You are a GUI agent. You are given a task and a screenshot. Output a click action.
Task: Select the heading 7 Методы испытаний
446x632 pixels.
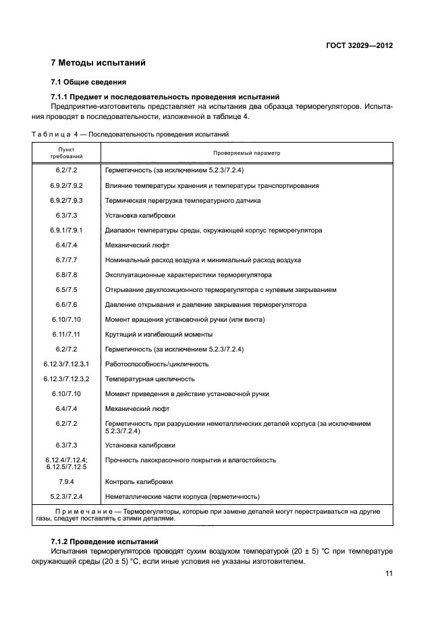click(x=99, y=64)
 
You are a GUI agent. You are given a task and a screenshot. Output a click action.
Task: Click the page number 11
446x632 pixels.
click(x=389, y=573)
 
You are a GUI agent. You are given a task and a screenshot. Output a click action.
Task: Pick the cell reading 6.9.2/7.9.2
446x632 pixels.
click(x=67, y=185)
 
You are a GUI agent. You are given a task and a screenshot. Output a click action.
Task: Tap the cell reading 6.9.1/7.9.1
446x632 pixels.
click(x=67, y=230)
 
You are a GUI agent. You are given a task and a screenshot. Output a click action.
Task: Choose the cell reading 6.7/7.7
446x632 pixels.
click(x=67, y=260)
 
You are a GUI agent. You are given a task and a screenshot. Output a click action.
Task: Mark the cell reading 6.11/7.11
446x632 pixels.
click(x=67, y=335)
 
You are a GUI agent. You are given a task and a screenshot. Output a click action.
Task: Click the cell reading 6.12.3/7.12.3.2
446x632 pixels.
click(x=67, y=379)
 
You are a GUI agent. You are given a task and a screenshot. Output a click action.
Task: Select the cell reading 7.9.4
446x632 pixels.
click(x=67, y=482)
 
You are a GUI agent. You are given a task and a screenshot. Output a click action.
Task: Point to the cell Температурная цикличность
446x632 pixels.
click(x=150, y=379)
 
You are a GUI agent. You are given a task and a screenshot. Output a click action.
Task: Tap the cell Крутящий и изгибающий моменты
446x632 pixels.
click(x=159, y=335)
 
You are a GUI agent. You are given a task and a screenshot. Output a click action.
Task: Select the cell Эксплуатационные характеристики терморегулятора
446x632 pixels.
click(x=188, y=275)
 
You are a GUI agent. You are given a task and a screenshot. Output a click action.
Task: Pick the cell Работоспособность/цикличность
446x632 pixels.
click(x=157, y=364)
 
